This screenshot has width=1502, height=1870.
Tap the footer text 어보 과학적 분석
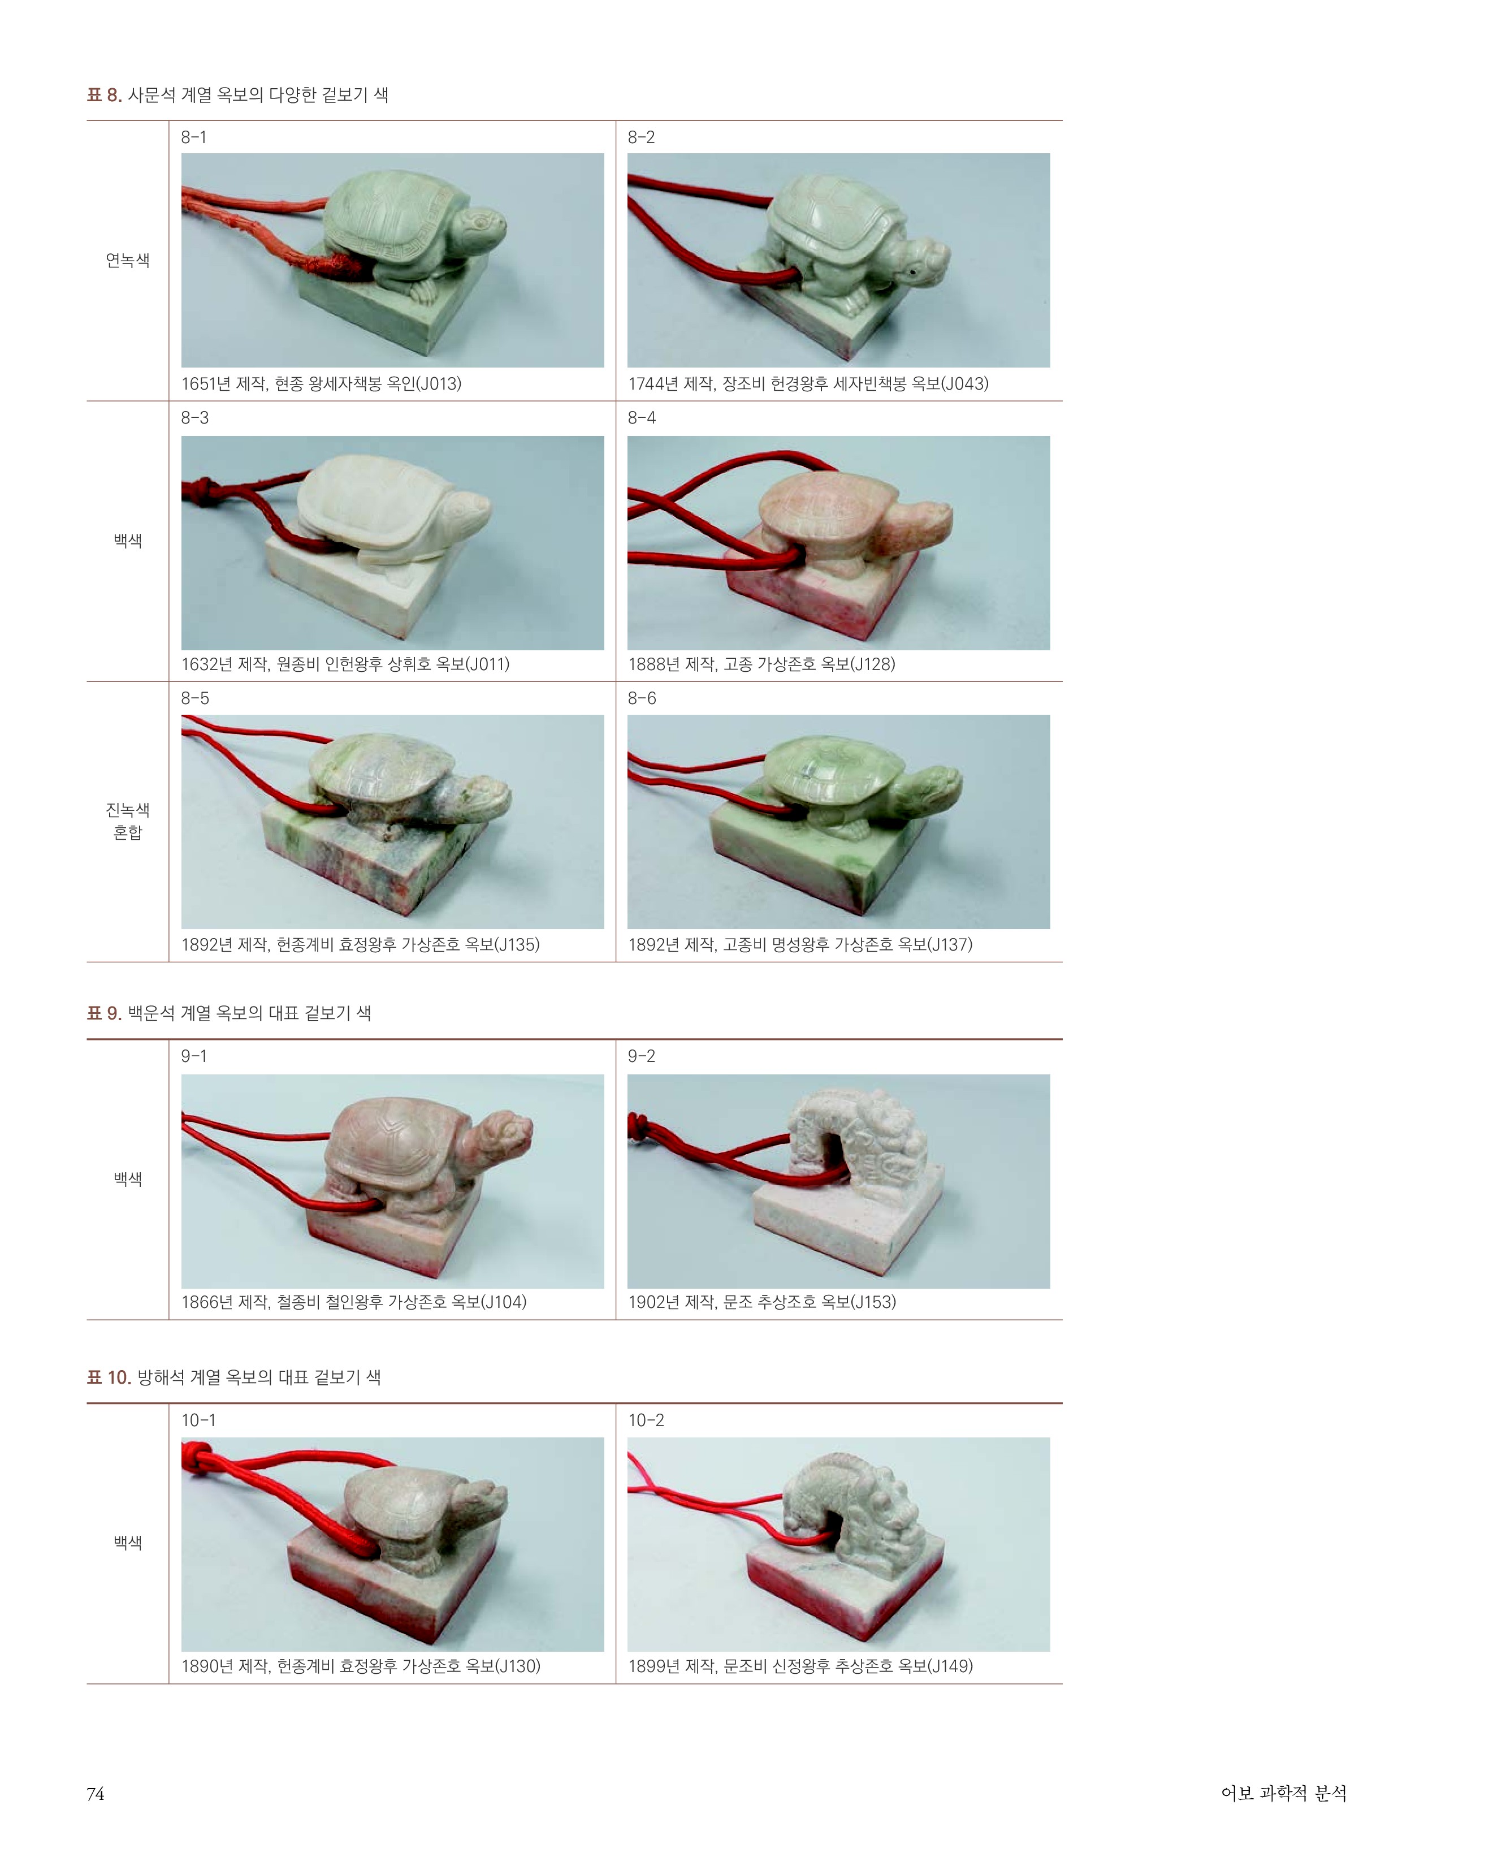click(x=1283, y=1793)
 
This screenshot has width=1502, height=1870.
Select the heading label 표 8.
click(x=104, y=94)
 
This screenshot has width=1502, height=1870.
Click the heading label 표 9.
click(x=104, y=1013)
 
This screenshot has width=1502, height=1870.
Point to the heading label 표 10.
click(x=109, y=1377)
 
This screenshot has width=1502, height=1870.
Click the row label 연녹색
click(x=128, y=260)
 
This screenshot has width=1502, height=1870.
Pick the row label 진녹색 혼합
click(x=128, y=820)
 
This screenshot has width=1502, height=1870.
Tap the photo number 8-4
click(x=642, y=418)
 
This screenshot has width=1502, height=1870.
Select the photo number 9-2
click(x=642, y=1056)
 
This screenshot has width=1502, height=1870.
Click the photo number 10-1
click(x=198, y=1420)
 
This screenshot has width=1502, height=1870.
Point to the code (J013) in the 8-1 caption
click(x=438, y=383)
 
